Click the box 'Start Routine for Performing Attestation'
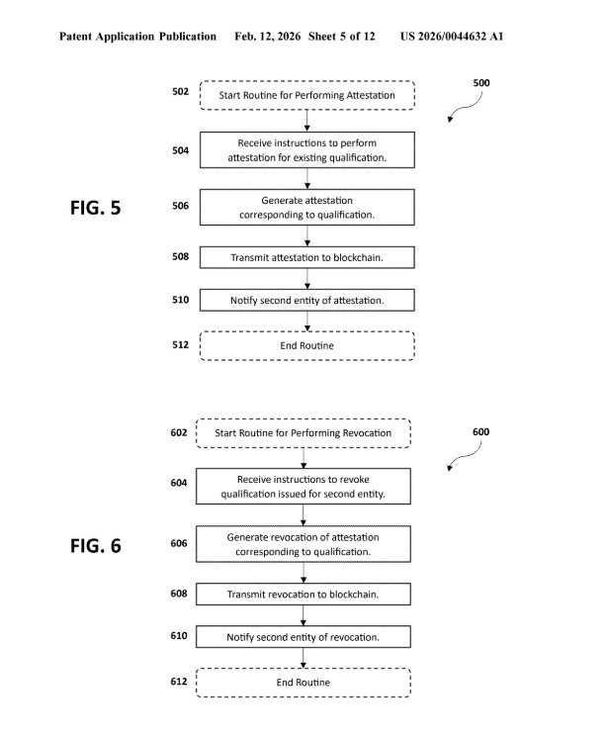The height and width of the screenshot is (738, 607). (307, 95)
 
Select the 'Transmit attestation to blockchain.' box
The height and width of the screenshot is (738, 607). (307, 256)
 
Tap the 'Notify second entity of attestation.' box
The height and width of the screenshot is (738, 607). (307, 300)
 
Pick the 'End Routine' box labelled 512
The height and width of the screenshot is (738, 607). (307, 345)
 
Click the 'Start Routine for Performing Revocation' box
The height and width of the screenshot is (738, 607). (302, 433)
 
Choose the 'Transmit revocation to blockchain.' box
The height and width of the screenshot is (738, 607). (303, 594)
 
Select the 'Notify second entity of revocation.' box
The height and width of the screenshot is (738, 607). (303, 637)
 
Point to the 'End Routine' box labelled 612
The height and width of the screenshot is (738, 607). (303, 683)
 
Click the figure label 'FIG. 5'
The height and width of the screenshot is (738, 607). (96, 208)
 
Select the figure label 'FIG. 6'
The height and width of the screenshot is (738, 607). (96, 545)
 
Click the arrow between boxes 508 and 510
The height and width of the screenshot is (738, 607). (307, 278)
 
